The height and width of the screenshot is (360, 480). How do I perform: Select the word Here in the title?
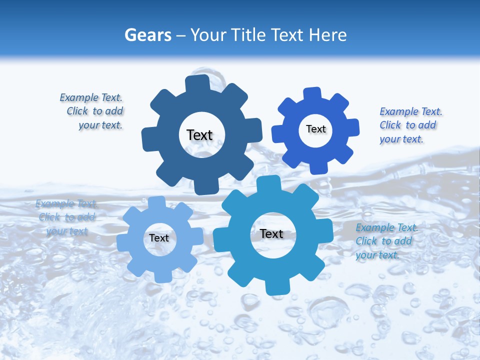point(328,35)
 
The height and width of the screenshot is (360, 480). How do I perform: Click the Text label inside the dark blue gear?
point(199,135)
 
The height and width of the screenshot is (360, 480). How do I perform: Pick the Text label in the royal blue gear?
point(315,129)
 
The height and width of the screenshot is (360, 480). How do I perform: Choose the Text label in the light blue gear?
point(159,238)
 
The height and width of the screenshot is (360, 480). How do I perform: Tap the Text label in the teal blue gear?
point(271,233)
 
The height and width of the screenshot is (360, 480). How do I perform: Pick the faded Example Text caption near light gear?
point(66,217)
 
